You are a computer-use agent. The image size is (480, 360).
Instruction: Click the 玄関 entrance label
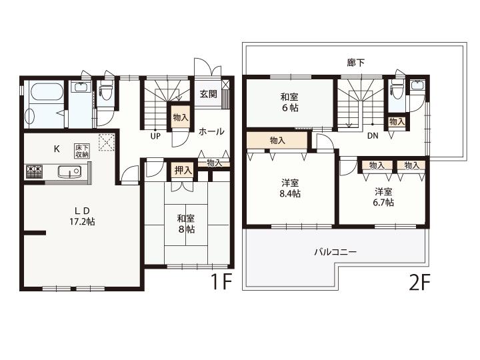(x=209, y=94)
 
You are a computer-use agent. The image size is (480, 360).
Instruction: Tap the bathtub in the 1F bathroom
(x=47, y=92)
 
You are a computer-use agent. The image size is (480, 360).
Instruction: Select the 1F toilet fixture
(x=106, y=91)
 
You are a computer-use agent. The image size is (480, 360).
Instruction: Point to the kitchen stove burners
(x=34, y=171)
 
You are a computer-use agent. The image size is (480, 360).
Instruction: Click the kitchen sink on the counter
(x=69, y=171)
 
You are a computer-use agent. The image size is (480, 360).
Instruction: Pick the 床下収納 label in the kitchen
(x=82, y=151)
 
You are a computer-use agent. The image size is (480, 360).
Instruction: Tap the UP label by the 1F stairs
(x=155, y=136)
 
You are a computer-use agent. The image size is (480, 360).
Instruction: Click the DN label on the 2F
(x=373, y=135)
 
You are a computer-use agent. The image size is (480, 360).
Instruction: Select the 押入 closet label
(x=183, y=171)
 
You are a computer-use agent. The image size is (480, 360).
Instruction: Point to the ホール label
(x=211, y=131)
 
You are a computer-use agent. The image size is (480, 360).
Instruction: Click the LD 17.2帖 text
(x=82, y=216)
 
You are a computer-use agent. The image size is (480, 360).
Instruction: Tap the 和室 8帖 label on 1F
(x=186, y=224)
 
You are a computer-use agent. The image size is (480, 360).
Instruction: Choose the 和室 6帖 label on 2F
(x=289, y=103)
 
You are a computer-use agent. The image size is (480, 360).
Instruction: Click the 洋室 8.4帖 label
(x=290, y=188)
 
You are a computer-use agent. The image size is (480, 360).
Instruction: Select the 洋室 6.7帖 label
(x=383, y=197)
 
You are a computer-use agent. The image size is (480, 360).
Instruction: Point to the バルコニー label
(x=335, y=252)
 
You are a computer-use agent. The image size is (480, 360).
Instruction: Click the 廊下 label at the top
(x=356, y=63)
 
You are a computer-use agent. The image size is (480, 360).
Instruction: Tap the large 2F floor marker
(x=420, y=282)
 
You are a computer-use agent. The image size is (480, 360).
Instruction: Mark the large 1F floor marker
(x=221, y=281)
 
